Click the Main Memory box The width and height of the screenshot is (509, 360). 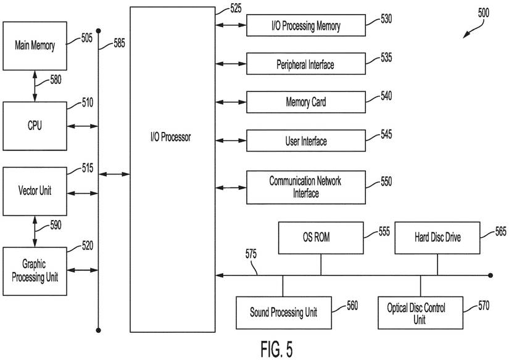(x=35, y=46)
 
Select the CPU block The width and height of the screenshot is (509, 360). (x=35, y=126)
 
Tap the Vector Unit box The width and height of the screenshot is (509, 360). (x=35, y=190)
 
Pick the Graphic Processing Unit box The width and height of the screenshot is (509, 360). (x=35, y=271)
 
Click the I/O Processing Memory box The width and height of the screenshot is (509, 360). (x=306, y=26)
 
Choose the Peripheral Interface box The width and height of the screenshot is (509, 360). (x=306, y=64)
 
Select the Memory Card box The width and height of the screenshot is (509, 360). (x=306, y=102)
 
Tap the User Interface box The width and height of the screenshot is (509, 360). (x=306, y=141)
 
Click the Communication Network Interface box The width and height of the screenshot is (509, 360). (x=306, y=187)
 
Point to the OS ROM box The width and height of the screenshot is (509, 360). (x=320, y=237)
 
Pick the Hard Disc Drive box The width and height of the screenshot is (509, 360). (x=437, y=237)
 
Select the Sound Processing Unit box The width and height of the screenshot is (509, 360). (x=284, y=313)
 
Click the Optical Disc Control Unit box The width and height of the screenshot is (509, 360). (x=420, y=313)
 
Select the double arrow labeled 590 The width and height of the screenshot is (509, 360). (x=35, y=231)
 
